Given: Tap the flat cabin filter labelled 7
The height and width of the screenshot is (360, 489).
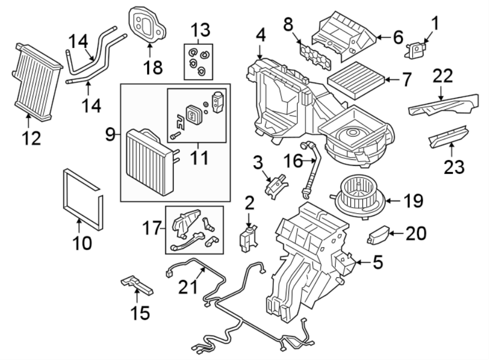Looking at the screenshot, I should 356,80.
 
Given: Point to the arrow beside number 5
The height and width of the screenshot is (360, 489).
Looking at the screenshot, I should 362,264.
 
